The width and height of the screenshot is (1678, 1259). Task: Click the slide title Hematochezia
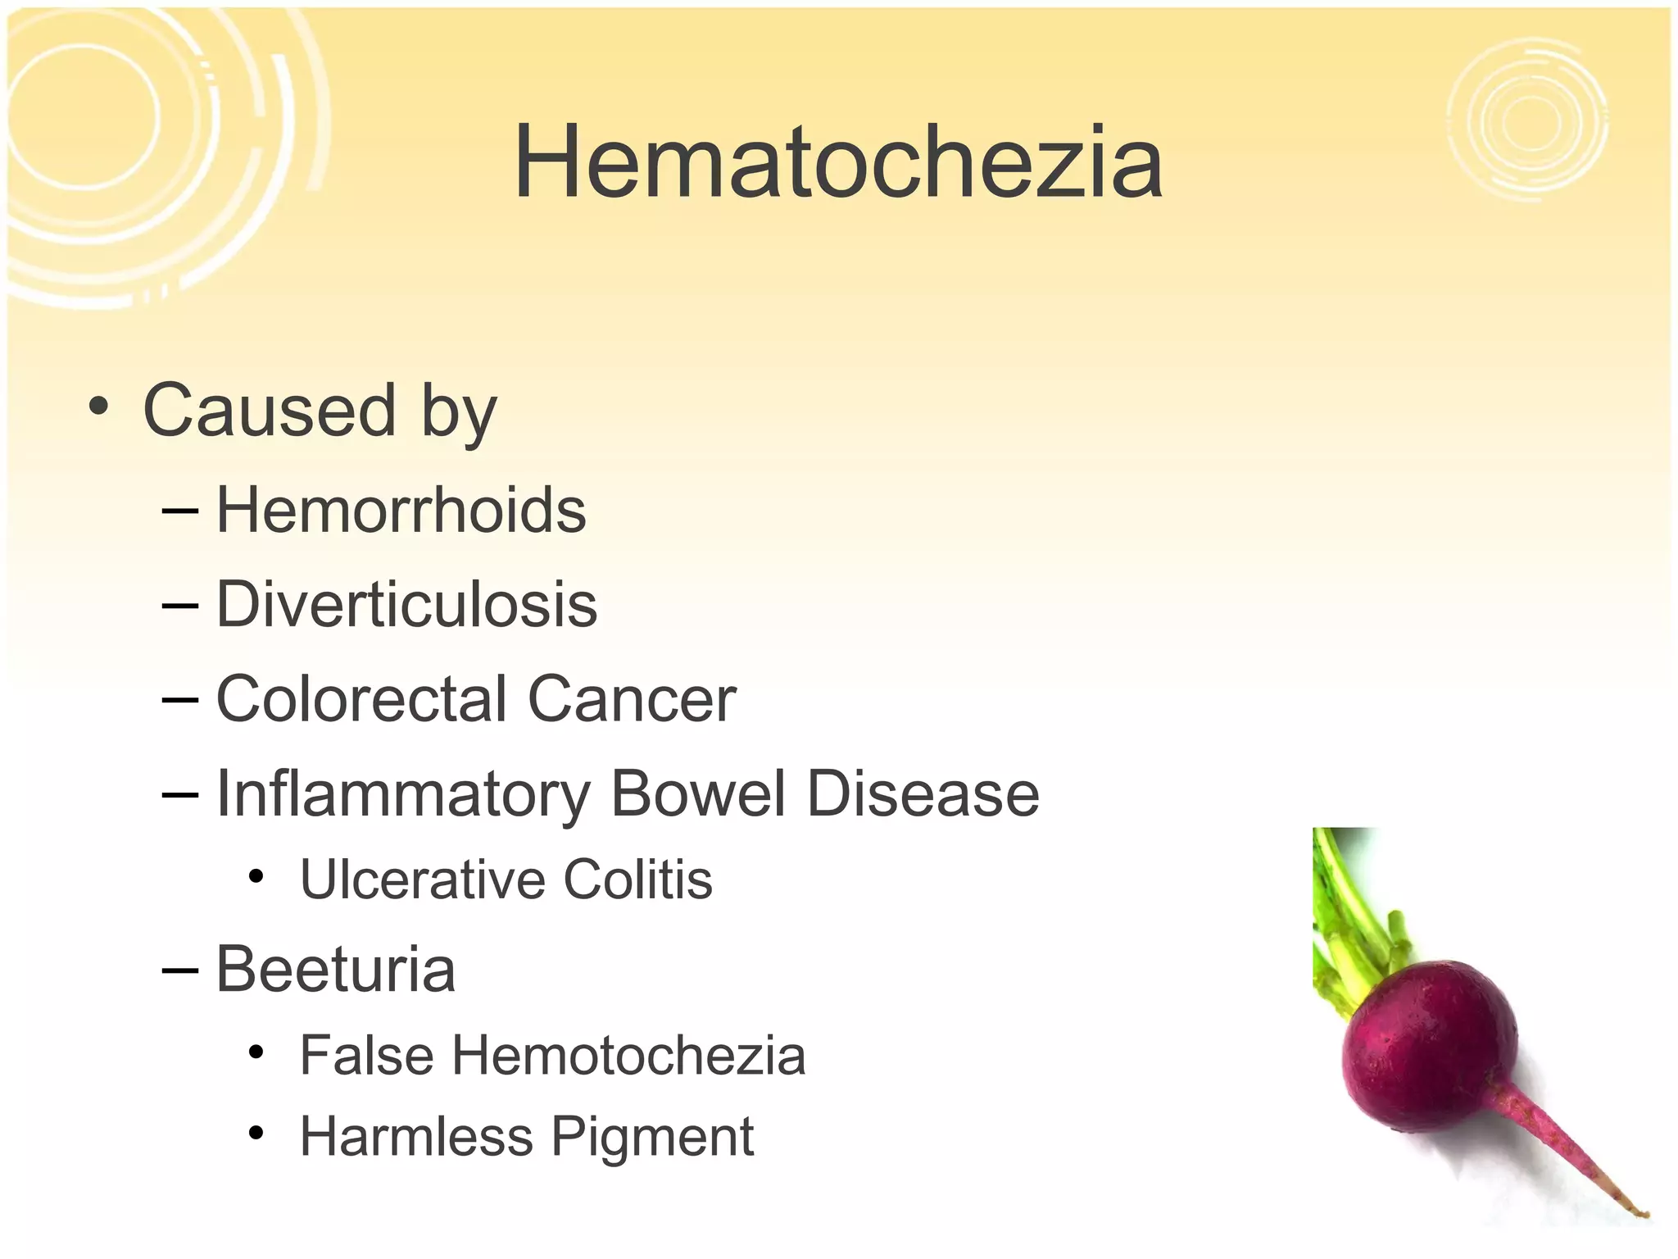pyautogui.click(x=837, y=161)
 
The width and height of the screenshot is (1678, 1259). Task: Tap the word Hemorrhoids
pyautogui.click(x=401, y=510)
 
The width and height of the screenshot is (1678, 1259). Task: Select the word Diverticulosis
pyautogui.click(x=406, y=605)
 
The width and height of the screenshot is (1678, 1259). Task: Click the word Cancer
pyautogui.click(x=632, y=699)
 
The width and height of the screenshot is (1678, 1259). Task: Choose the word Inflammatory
pyautogui.click(x=402, y=795)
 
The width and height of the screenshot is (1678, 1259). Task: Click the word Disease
pyautogui.click(x=923, y=793)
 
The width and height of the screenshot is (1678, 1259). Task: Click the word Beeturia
pyautogui.click(x=335, y=969)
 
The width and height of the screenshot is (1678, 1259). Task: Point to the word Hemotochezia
pyautogui.click(x=628, y=1055)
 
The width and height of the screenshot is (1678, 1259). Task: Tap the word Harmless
pyautogui.click(x=416, y=1137)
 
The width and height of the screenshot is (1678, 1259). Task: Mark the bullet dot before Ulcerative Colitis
pyautogui.click(x=256, y=877)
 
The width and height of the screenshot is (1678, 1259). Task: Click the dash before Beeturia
pyautogui.click(x=180, y=970)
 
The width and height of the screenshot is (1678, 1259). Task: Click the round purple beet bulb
pyautogui.click(x=1429, y=1045)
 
